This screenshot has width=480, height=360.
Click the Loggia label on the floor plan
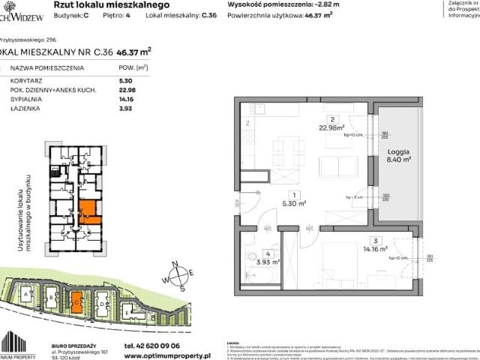395,151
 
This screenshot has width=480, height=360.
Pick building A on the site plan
28,297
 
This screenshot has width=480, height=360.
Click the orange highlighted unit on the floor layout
88,211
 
